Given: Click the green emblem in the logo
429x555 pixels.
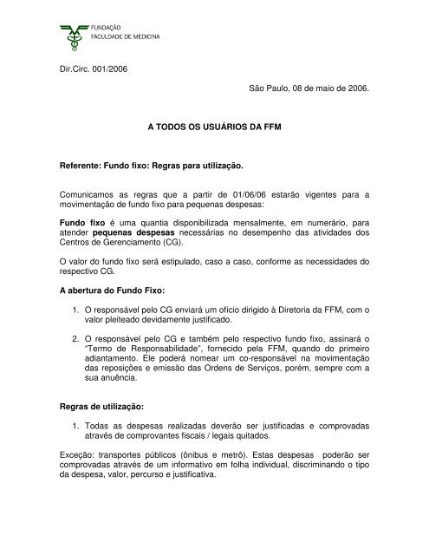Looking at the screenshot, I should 76,33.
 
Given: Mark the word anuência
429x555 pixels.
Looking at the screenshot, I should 140,417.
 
